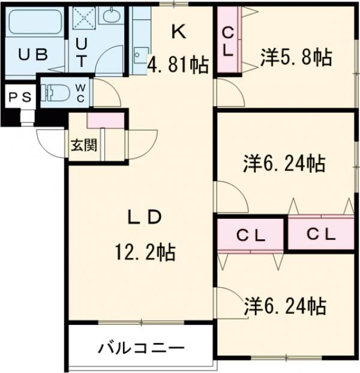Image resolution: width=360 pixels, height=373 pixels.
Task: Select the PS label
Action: click(19, 97)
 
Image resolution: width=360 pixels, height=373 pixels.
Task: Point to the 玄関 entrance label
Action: click(83, 145)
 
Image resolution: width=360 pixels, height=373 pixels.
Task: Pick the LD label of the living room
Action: click(144, 218)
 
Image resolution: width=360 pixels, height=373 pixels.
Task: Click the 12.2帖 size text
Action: click(145, 253)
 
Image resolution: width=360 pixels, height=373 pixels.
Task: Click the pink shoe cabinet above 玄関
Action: click(106, 119)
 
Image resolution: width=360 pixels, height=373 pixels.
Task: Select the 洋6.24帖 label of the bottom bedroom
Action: click(285, 306)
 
